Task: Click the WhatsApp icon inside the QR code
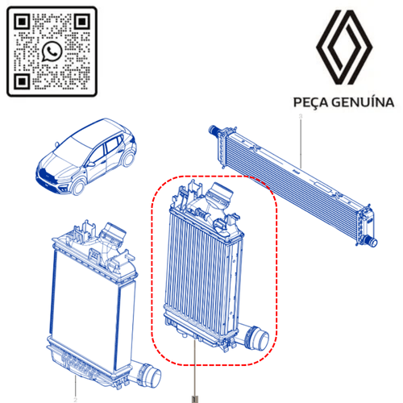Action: pyautogui.click(x=52, y=52)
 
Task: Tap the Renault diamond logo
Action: pyautogui.click(x=344, y=48)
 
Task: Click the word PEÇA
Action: pyautogui.click(x=310, y=102)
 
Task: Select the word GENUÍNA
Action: pyautogui.click(x=363, y=102)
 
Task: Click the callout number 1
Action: pyautogui.click(x=195, y=399)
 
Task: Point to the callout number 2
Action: pyautogui.click(x=75, y=400)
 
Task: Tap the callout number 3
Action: pyautogui.click(x=301, y=116)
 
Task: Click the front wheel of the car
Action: pyautogui.click(x=78, y=186)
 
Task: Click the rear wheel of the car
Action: pyautogui.click(x=128, y=159)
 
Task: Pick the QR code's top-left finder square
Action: pyautogui.click(x=22, y=22)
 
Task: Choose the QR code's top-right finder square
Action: pyautogui.click(x=82, y=22)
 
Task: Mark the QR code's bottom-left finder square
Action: pyautogui.click(x=22, y=81)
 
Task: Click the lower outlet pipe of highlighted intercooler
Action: pyautogui.click(x=255, y=337)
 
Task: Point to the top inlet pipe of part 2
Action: pyautogui.click(x=113, y=233)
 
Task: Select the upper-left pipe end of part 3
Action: pyautogui.click(x=213, y=130)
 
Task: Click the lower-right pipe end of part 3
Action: pyautogui.click(x=372, y=241)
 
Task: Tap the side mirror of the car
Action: pyautogui.click(x=90, y=164)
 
